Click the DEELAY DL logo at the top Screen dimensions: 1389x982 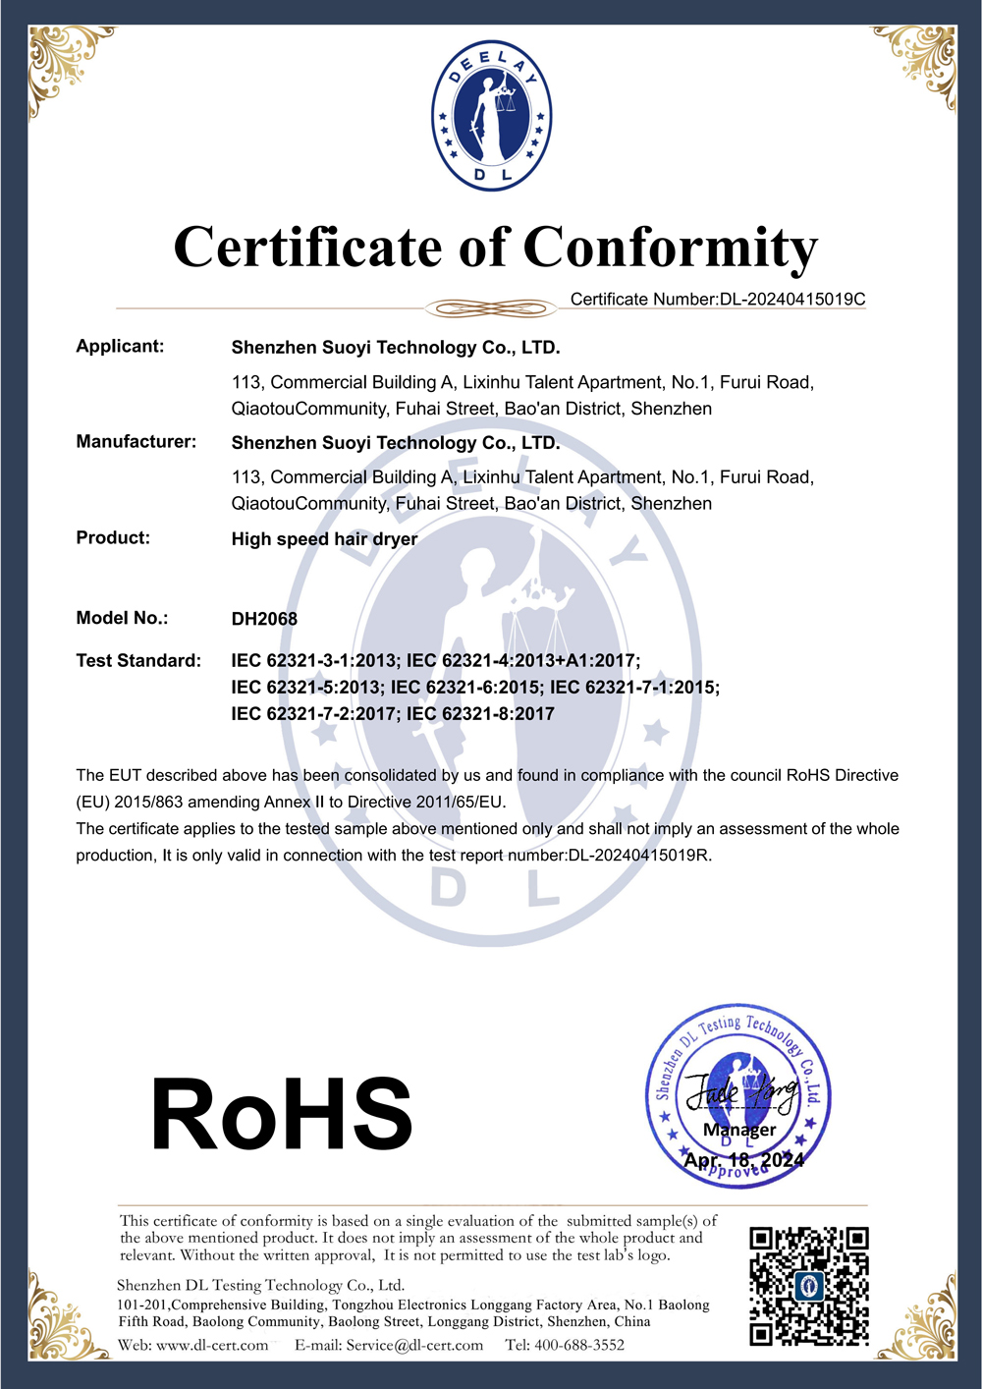coord(491,116)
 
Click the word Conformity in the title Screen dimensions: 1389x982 coord(670,248)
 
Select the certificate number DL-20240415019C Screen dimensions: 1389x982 coord(792,300)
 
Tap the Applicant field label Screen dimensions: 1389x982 coord(120,347)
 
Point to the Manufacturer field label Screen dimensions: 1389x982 coord(136,442)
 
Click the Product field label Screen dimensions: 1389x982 coord(113,538)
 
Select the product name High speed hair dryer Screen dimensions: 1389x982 coord(324,539)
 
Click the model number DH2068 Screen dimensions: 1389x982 coord(264,619)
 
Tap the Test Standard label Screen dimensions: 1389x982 coord(138,661)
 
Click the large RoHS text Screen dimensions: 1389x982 coord(282,1114)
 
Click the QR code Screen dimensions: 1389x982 coord(809,1285)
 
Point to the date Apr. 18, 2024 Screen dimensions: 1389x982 coord(743,1160)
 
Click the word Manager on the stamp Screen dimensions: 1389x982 coord(739,1130)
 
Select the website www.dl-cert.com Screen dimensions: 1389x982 coord(212,1345)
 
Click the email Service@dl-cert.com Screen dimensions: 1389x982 coord(414,1345)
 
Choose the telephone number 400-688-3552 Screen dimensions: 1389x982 coord(579,1345)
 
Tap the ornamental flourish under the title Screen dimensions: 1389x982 coord(491,308)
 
